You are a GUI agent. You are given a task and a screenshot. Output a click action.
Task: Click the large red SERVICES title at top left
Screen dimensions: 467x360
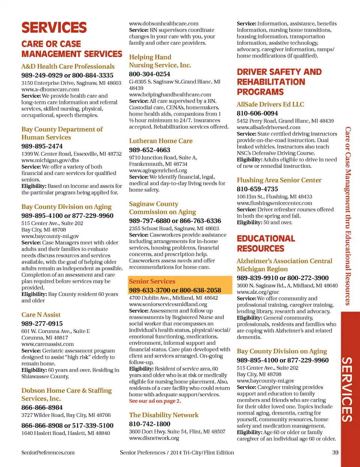(54, 28)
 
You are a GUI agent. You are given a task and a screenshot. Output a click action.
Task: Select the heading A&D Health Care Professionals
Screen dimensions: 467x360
(68, 66)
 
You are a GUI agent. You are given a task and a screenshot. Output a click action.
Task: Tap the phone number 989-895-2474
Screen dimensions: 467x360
(42, 146)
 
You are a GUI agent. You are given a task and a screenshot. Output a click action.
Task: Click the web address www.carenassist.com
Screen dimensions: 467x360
(48, 344)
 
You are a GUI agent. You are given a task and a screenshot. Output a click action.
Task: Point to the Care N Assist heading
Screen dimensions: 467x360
(41, 315)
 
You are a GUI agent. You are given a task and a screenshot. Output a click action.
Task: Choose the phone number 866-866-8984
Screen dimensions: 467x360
(42, 407)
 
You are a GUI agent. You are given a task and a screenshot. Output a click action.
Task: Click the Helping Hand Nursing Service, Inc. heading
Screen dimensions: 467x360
(160, 61)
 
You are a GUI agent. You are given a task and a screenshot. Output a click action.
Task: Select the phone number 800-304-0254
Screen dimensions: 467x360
(150, 74)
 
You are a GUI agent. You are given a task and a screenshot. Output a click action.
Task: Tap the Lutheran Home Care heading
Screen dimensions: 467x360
(161, 141)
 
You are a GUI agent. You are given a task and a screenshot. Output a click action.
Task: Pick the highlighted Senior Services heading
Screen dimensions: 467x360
(152, 281)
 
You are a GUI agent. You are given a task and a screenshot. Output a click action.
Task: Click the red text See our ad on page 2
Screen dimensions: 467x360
(155, 401)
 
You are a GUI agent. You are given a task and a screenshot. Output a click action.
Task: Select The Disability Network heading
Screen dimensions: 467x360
(164, 415)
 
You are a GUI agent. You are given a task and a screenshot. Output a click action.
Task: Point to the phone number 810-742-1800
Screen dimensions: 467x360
(150, 424)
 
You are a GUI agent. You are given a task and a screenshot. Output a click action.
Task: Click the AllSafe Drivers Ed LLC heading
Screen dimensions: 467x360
(270, 104)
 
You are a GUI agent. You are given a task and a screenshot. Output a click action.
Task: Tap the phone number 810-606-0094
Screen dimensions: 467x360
(257, 113)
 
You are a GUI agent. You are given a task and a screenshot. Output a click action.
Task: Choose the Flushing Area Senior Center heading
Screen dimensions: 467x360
(279, 180)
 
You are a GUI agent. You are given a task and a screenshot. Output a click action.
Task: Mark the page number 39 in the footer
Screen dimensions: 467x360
(335, 452)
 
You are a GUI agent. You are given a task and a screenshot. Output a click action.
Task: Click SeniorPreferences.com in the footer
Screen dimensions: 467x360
(48, 452)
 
